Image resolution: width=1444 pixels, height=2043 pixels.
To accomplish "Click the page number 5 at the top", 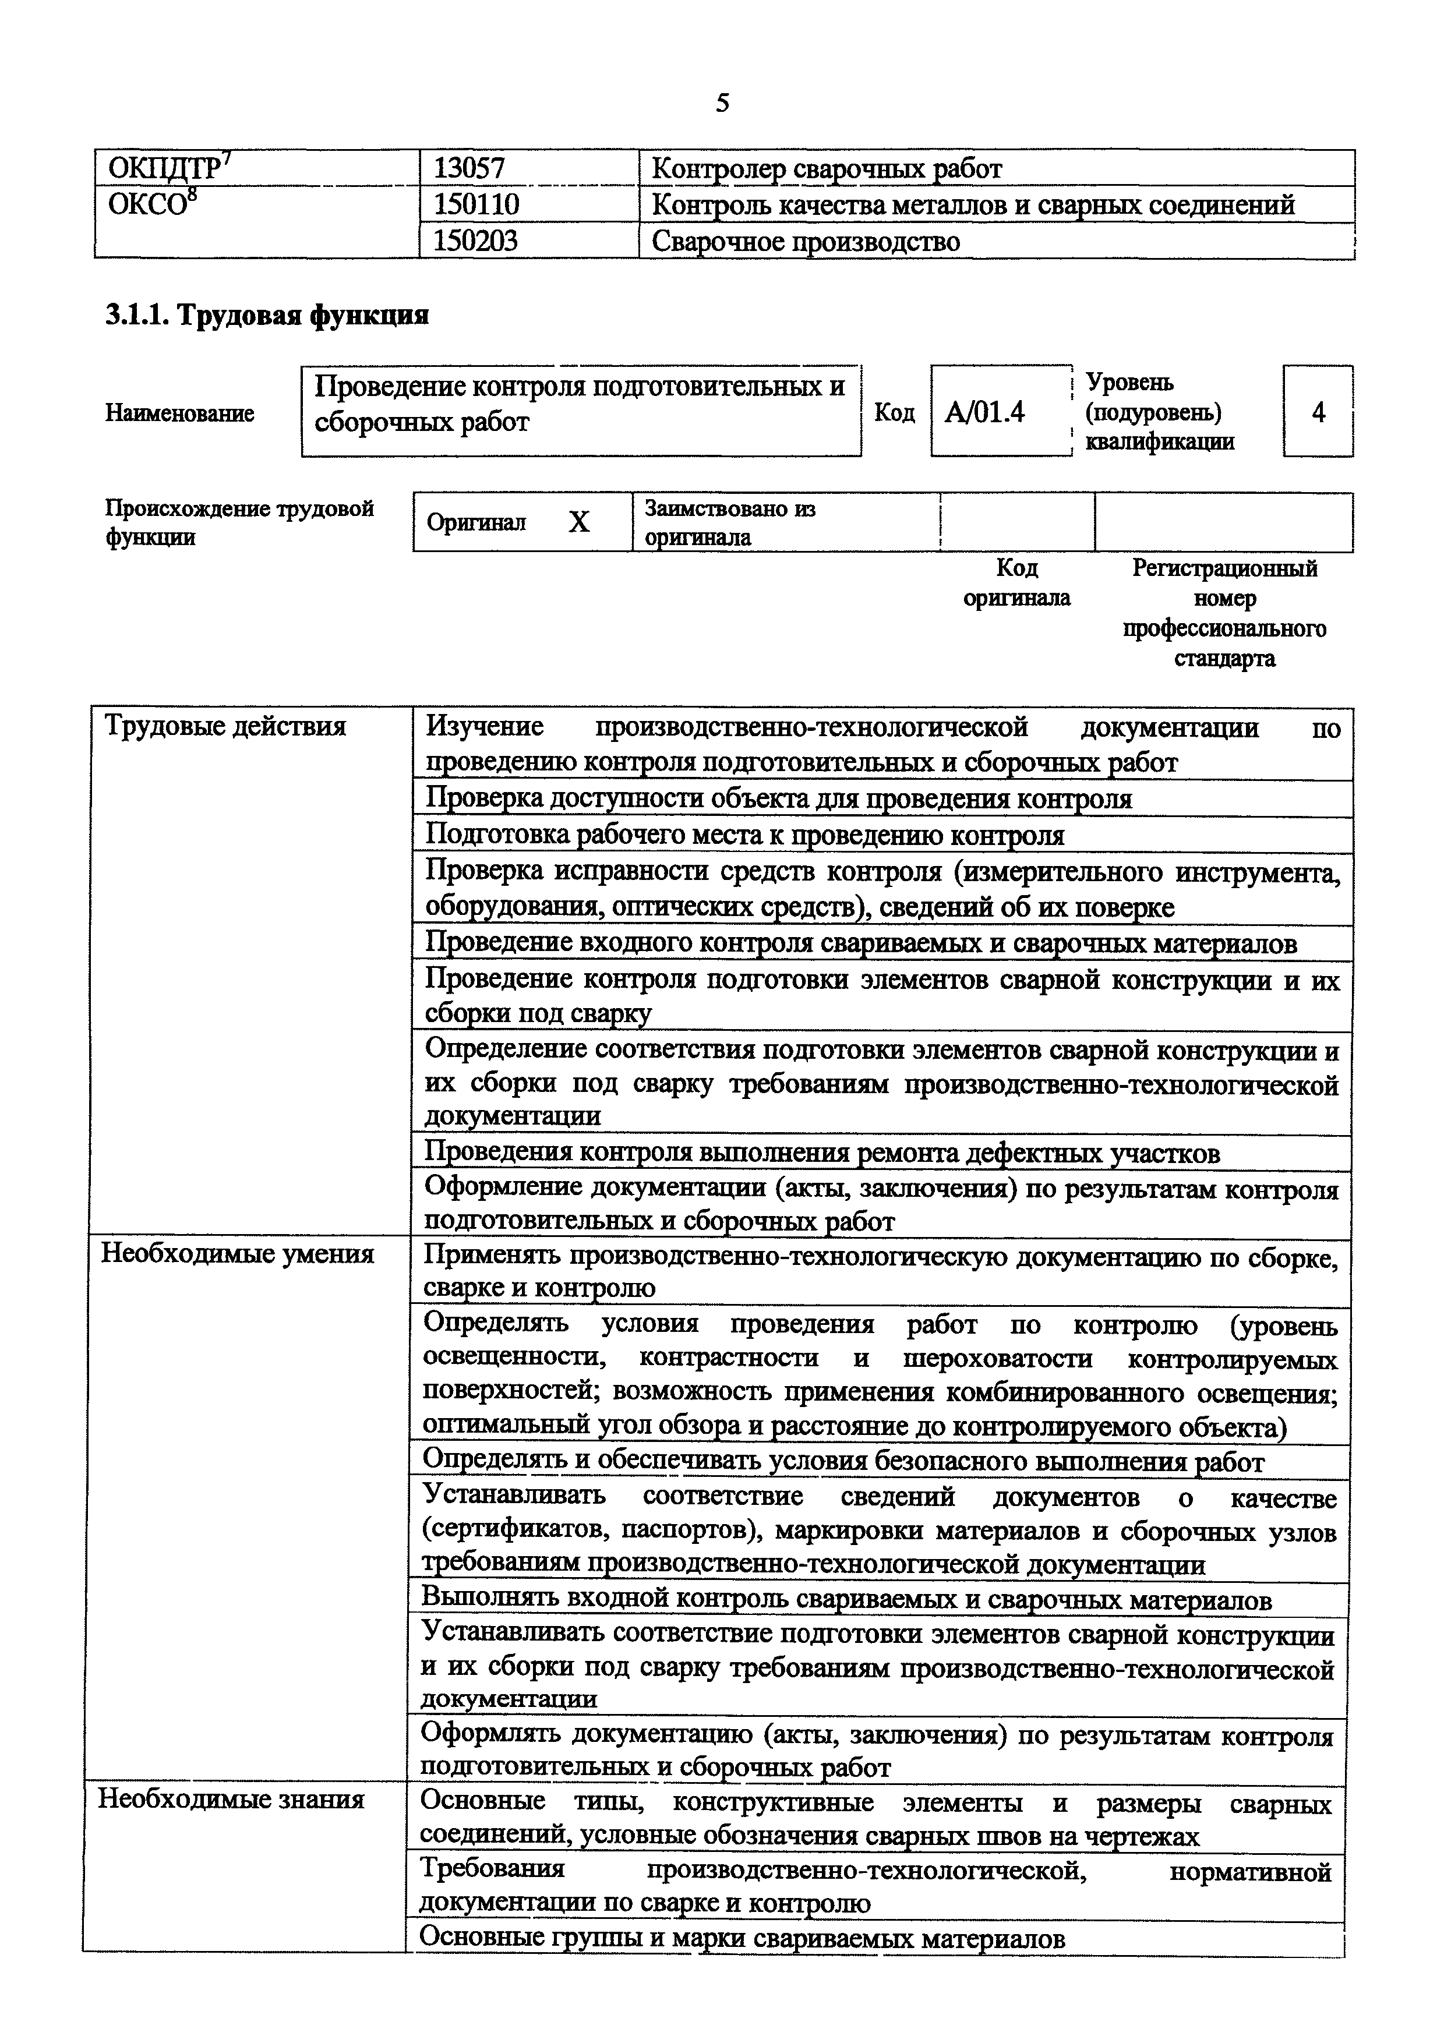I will (722, 104).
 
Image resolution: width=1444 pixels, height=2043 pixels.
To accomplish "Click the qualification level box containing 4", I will (1318, 412).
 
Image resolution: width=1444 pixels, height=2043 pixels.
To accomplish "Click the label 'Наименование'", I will (180, 413).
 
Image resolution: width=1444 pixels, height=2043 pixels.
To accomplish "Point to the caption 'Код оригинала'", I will (1017, 583).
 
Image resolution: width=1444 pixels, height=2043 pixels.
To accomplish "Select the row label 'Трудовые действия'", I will (225, 727).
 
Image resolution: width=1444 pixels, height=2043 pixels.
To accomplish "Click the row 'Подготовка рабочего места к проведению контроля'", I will (744, 836).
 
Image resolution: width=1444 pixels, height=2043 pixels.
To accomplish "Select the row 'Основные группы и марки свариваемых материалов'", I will (742, 1939).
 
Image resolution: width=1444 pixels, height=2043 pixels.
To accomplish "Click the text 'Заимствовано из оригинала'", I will (729, 522).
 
